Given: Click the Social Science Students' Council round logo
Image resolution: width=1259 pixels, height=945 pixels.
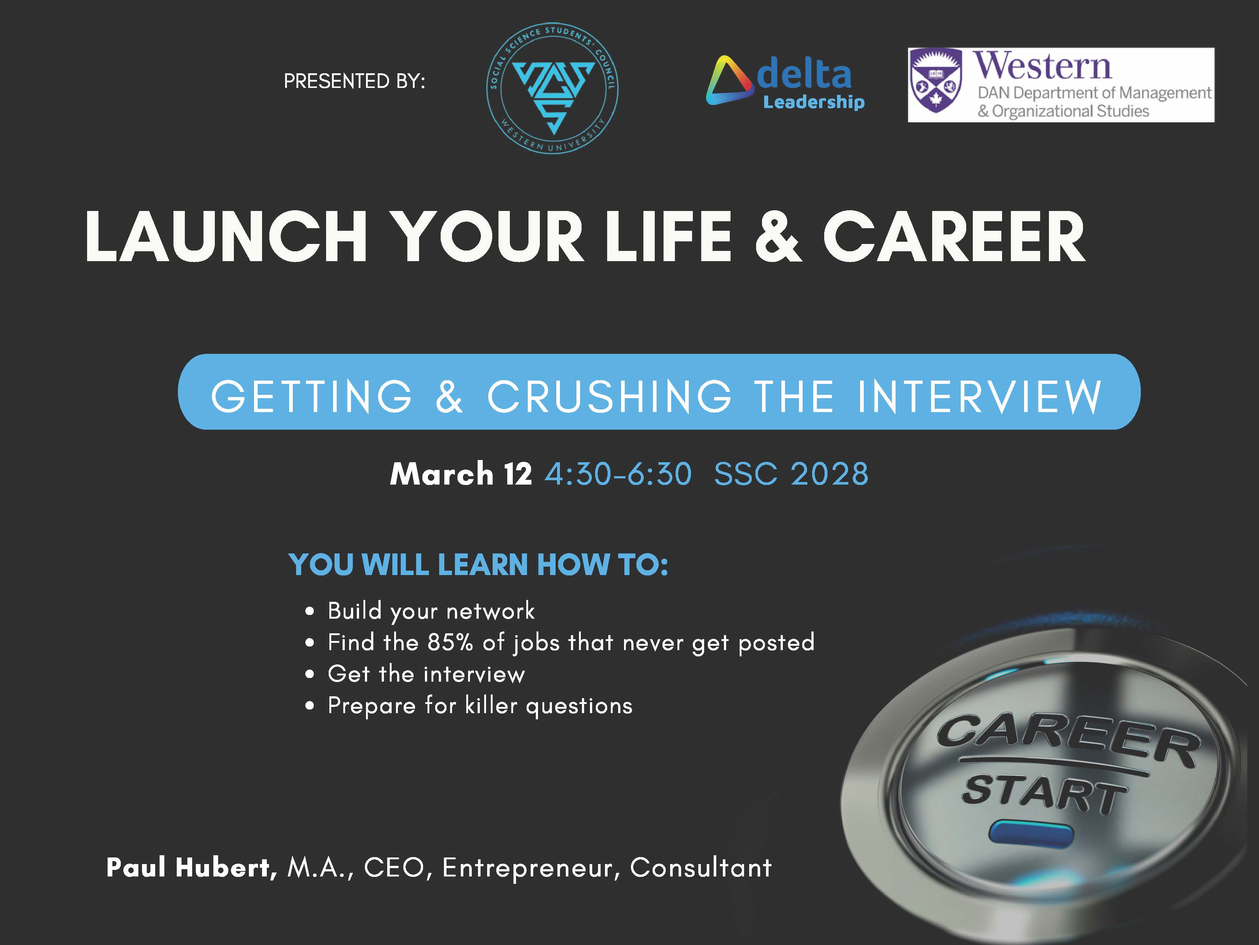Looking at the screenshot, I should tap(552, 88).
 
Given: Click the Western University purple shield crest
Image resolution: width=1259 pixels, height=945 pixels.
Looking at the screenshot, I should tap(936, 81).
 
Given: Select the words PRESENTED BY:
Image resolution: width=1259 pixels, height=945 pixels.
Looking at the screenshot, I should tap(354, 81).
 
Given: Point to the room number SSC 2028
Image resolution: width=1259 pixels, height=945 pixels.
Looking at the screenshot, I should tap(791, 474).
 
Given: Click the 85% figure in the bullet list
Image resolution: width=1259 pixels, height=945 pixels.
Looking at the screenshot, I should tap(450, 642).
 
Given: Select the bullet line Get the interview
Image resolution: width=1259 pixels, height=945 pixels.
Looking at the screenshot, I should tap(426, 674).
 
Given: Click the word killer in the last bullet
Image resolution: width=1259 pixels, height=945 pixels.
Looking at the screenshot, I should tap(491, 706).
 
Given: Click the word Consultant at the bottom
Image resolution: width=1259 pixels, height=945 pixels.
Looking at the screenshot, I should tap(701, 867).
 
